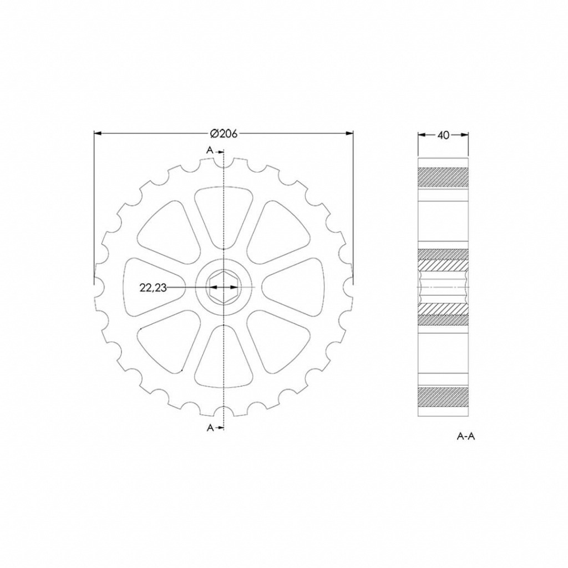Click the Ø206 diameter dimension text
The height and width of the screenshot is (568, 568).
pyautogui.click(x=224, y=134)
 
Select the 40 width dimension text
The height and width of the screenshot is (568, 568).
pyautogui.click(x=443, y=135)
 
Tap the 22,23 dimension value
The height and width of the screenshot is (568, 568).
pyautogui.click(x=153, y=288)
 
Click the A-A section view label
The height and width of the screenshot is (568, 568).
pyautogui.click(x=465, y=437)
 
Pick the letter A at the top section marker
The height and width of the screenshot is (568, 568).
pyautogui.click(x=210, y=150)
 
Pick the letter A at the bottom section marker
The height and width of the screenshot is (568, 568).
pyautogui.click(x=210, y=428)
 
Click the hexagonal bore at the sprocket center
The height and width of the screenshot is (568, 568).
pyautogui.click(x=224, y=287)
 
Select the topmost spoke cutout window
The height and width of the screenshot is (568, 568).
pyautogui.click(x=224, y=217)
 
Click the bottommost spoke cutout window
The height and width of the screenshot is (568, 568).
pyautogui.click(x=224, y=357)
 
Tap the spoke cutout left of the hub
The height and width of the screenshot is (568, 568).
pyautogui.click(x=154, y=287)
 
